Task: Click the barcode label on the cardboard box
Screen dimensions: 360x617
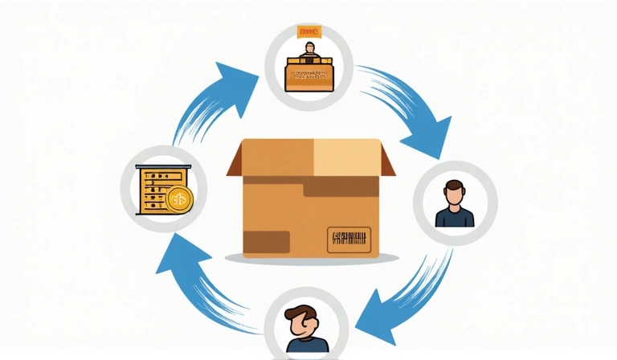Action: (349, 238)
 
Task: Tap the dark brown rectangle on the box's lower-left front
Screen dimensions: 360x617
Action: (266, 241)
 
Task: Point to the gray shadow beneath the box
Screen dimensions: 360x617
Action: (311, 260)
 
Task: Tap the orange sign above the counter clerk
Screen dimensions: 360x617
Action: (308, 32)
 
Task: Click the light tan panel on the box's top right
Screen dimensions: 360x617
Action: (345, 158)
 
